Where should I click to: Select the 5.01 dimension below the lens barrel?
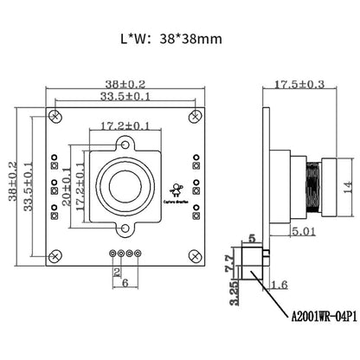click(303, 232)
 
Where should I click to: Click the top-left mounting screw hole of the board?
click(58, 113)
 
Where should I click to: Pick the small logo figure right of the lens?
click(176, 189)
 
